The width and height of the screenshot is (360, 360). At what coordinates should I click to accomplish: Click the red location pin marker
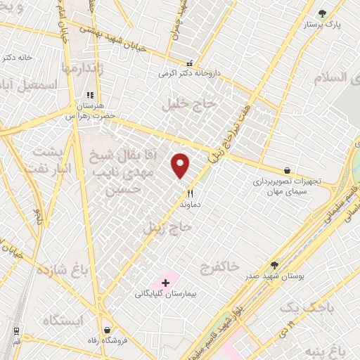[x=181, y=165]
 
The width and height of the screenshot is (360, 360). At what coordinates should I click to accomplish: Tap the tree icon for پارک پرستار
[x=323, y=13]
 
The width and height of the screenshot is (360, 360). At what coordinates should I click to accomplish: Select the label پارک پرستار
[x=323, y=25]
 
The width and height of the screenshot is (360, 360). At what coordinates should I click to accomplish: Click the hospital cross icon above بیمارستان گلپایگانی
[x=165, y=283]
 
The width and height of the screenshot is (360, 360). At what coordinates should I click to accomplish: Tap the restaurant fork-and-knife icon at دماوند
[x=190, y=193]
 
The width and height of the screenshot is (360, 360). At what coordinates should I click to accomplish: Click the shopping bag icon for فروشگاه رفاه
[x=107, y=330]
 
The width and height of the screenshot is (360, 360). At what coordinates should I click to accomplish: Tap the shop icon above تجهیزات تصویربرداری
[x=288, y=170]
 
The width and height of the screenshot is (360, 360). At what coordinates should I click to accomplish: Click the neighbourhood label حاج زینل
[x=167, y=228]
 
